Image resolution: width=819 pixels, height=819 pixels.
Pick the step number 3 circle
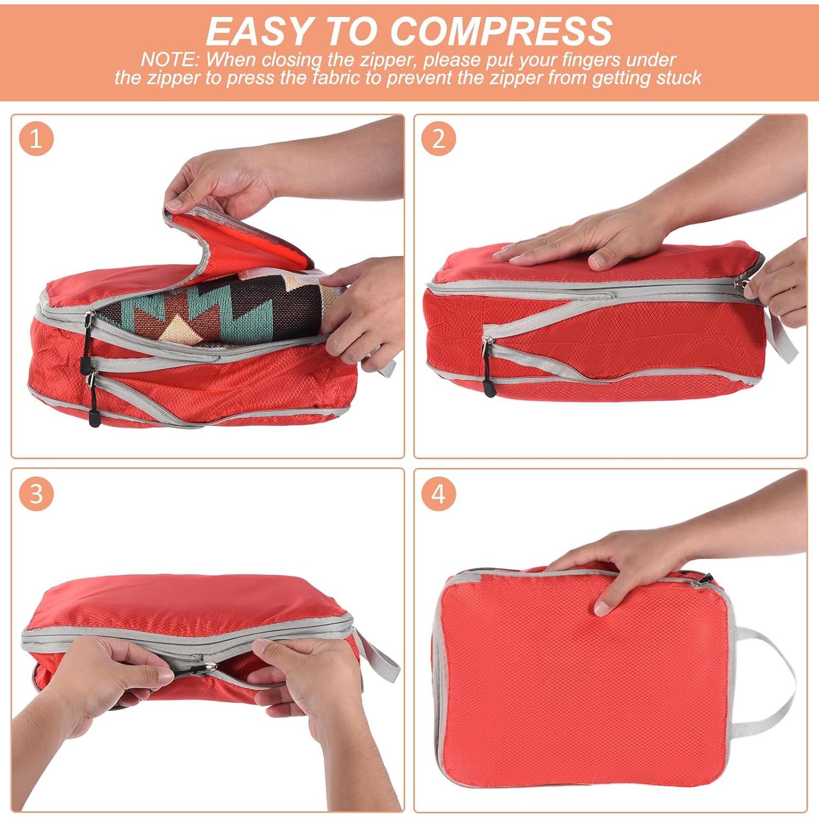[x=36, y=494]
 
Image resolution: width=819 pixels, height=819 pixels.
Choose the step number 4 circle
[x=438, y=494]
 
